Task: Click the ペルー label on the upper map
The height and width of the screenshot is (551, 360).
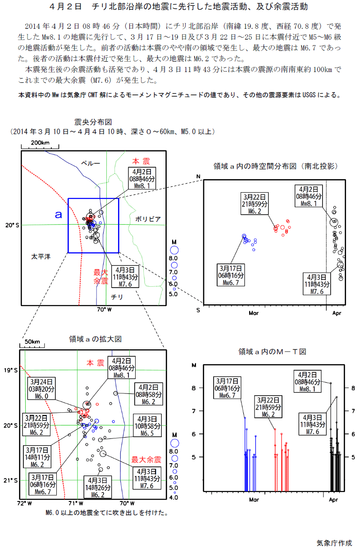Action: coord(91,163)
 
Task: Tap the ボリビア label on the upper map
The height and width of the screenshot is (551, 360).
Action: coord(148,219)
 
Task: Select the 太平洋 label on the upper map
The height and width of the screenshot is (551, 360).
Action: coord(41,257)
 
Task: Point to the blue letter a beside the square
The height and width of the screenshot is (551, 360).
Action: coord(59,215)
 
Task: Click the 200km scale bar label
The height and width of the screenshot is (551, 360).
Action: coord(40,143)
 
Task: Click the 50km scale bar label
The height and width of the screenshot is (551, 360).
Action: coord(32,342)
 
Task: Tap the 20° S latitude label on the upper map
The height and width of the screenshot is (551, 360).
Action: coord(12,225)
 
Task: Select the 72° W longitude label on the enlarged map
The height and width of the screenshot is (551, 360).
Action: coord(25,503)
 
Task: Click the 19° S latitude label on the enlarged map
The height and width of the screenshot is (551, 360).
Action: coord(11,370)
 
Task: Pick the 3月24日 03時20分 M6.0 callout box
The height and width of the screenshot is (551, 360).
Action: coord(41,388)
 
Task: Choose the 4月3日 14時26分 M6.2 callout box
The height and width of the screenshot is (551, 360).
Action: coord(97,487)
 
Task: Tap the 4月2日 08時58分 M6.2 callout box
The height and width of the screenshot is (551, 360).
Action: coord(149,394)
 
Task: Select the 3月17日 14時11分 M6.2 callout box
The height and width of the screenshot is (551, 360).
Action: coord(37,457)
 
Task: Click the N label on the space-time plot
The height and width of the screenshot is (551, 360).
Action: coord(198,176)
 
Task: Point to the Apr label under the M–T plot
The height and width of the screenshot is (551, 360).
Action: coord(333,500)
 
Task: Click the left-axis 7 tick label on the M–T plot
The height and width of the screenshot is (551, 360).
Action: coord(194,411)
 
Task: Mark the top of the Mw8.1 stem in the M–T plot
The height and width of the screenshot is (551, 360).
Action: coord(331,383)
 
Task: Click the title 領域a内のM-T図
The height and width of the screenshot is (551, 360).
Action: coord(272,352)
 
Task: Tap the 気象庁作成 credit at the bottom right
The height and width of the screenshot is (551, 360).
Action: coord(334,543)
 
